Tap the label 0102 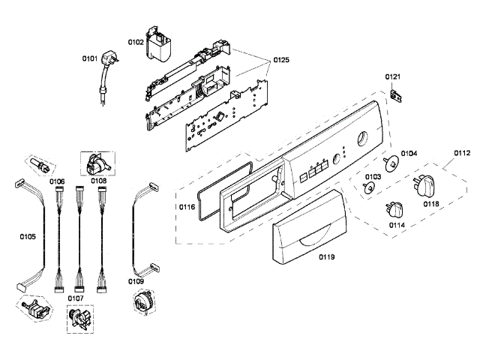(136, 42)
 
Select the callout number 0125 (280, 58)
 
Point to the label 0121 (394, 77)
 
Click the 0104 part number (409, 154)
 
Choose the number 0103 (373, 177)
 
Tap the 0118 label (430, 202)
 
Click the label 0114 (397, 224)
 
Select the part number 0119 (326, 256)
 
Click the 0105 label (28, 237)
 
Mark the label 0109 (136, 281)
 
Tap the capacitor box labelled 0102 (160, 46)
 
